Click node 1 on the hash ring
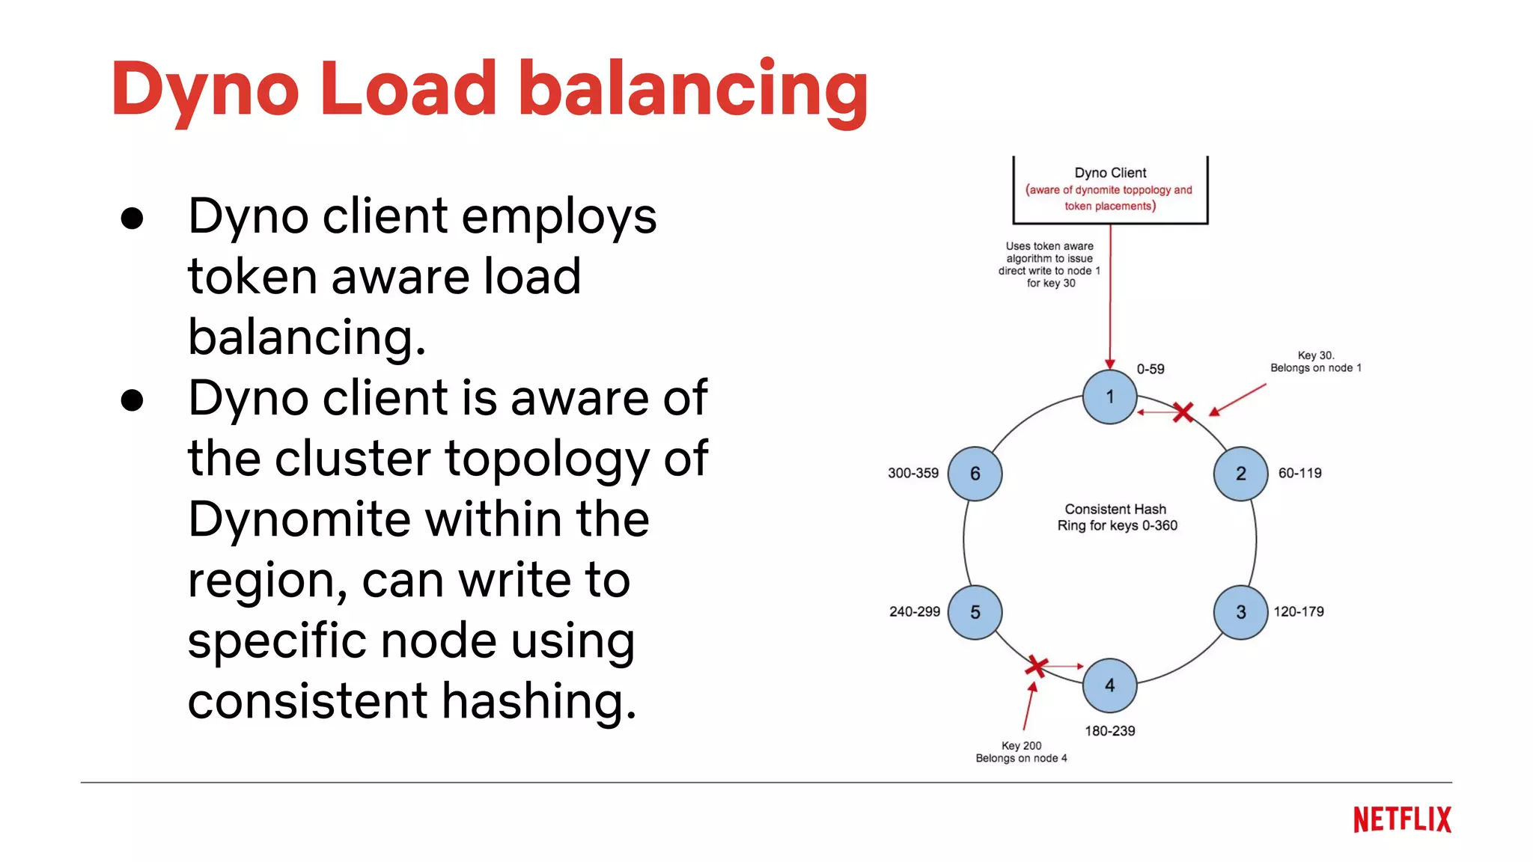click(1109, 397)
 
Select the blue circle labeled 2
click(1240, 474)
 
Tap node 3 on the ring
click(1240, 612)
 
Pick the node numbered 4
click(1109, 685)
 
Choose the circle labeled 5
click(975, 612)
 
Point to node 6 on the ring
click(975, 474)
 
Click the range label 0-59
click(1150, 369)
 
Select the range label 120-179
click(1299, 611)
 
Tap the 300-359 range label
click(912, 473)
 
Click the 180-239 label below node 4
click(1109, 730)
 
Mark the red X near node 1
click(1183, 412)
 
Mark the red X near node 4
click(1036, 665)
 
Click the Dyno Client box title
click(1109, 173)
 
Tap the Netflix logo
click(1401, 820)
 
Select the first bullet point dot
click(132, 218)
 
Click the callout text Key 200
click(1021, 745)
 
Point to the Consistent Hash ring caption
click(1116, 517)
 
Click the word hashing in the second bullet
click(538, 701)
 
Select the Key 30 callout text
click(1315, 355)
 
